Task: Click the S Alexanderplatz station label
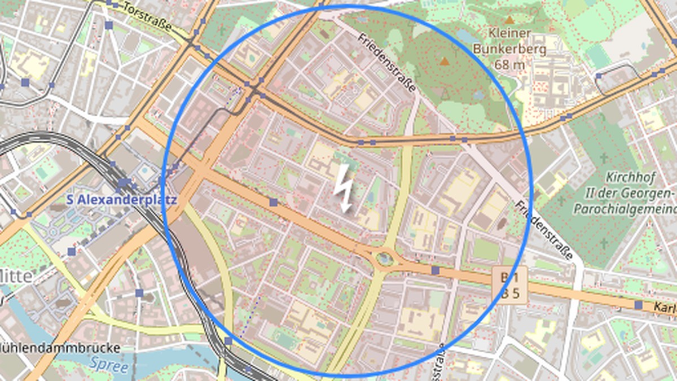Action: [121, 200]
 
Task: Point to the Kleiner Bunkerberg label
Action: [510, 41]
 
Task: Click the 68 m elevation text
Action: [509, 64]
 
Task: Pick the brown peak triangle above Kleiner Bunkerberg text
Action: [511, 19]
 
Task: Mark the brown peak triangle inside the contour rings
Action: [445, 61]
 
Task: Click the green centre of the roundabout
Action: [385, 259]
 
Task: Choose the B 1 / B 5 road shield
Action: [509, 284]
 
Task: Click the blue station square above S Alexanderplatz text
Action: [123, 183]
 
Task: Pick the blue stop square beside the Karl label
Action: [638, 305]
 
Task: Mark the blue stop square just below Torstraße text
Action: [109, 25]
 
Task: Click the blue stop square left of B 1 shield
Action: [435, 270]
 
